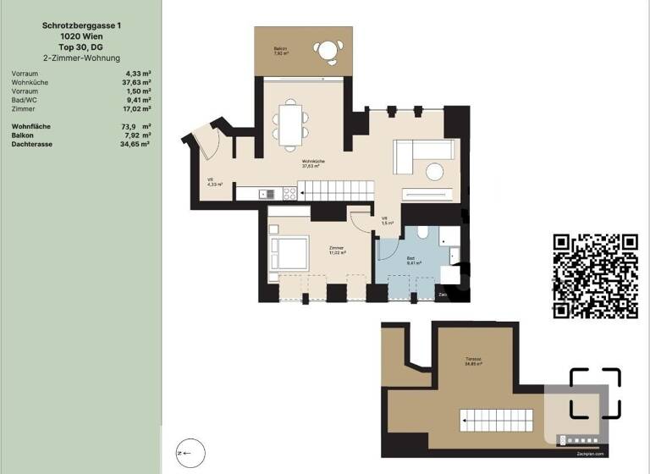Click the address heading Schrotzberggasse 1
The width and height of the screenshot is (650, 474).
click(80, 25)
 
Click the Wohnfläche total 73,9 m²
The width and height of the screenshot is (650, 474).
click(137, 126)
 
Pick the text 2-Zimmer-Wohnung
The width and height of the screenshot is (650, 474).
click(80, 58)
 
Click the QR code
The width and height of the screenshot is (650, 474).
click(595, 275)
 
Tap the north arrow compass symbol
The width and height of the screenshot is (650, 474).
click(190, 453)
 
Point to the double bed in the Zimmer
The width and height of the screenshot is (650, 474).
click(289, 252)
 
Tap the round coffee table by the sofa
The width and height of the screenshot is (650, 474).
click(434, 169)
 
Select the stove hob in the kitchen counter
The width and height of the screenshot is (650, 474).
click(289, 193)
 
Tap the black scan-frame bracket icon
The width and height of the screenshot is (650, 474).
click(595, 394)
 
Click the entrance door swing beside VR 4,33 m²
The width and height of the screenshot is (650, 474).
click(206, 142)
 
